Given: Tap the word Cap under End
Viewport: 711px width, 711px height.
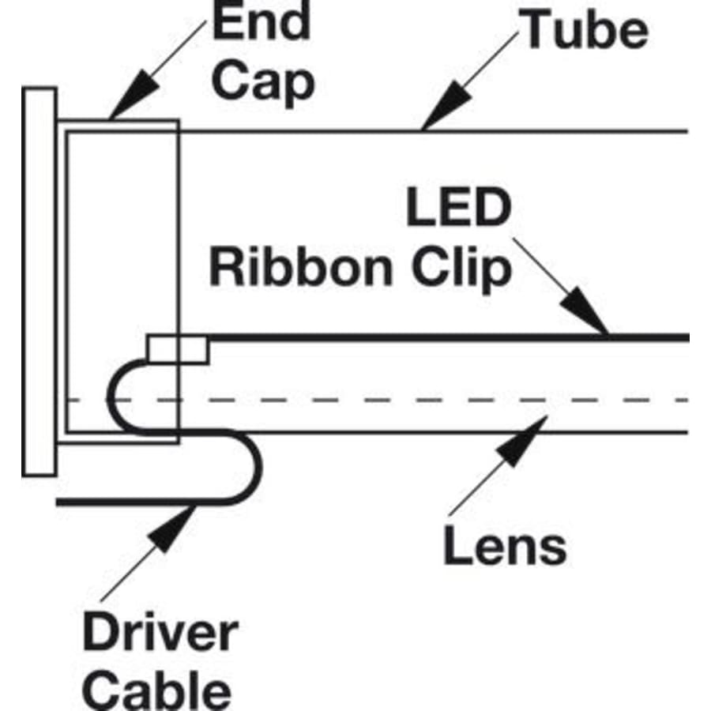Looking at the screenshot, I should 263,81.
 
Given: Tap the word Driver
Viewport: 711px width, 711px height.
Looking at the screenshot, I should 160,634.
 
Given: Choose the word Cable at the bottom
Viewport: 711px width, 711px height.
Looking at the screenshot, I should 157,689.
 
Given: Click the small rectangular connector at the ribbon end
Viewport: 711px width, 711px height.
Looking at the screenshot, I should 177,349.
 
